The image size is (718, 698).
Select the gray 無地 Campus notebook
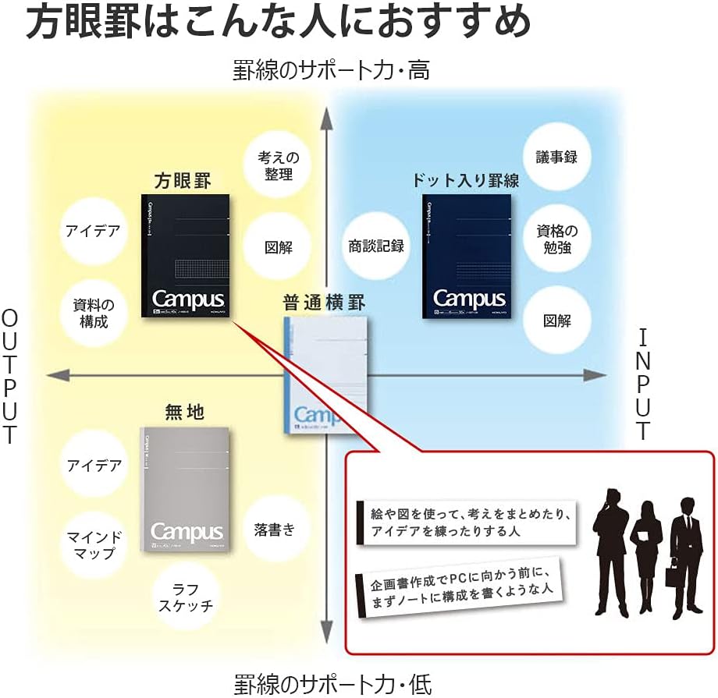tap(184, 489)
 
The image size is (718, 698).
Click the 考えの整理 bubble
tap(279, 165)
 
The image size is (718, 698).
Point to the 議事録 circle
tap(556, 157)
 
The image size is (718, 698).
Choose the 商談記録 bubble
tap(376, 246)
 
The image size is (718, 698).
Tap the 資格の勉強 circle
tap(556, 239)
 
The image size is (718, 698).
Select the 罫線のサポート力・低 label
tap(332, 685)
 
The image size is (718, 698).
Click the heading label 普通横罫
tap(325, 303)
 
